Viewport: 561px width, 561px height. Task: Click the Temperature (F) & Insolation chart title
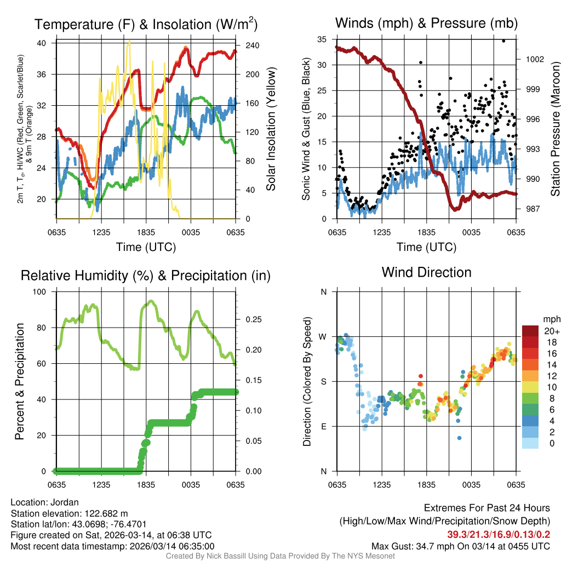146,24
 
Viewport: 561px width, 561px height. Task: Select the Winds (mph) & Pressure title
426,23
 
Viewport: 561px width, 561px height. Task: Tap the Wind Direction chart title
426,272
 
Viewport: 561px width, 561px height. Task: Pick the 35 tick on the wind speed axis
322,39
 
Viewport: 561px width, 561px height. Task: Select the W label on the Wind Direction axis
323,336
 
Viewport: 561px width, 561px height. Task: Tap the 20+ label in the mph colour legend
551,331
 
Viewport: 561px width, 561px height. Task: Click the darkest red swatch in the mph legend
530,331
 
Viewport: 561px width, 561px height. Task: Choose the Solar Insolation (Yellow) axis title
271,129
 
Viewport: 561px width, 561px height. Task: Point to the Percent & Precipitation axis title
20,381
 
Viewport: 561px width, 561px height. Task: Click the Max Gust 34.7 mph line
460,546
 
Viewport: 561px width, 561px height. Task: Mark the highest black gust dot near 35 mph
503,41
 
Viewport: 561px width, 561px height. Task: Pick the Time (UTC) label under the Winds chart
426,247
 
